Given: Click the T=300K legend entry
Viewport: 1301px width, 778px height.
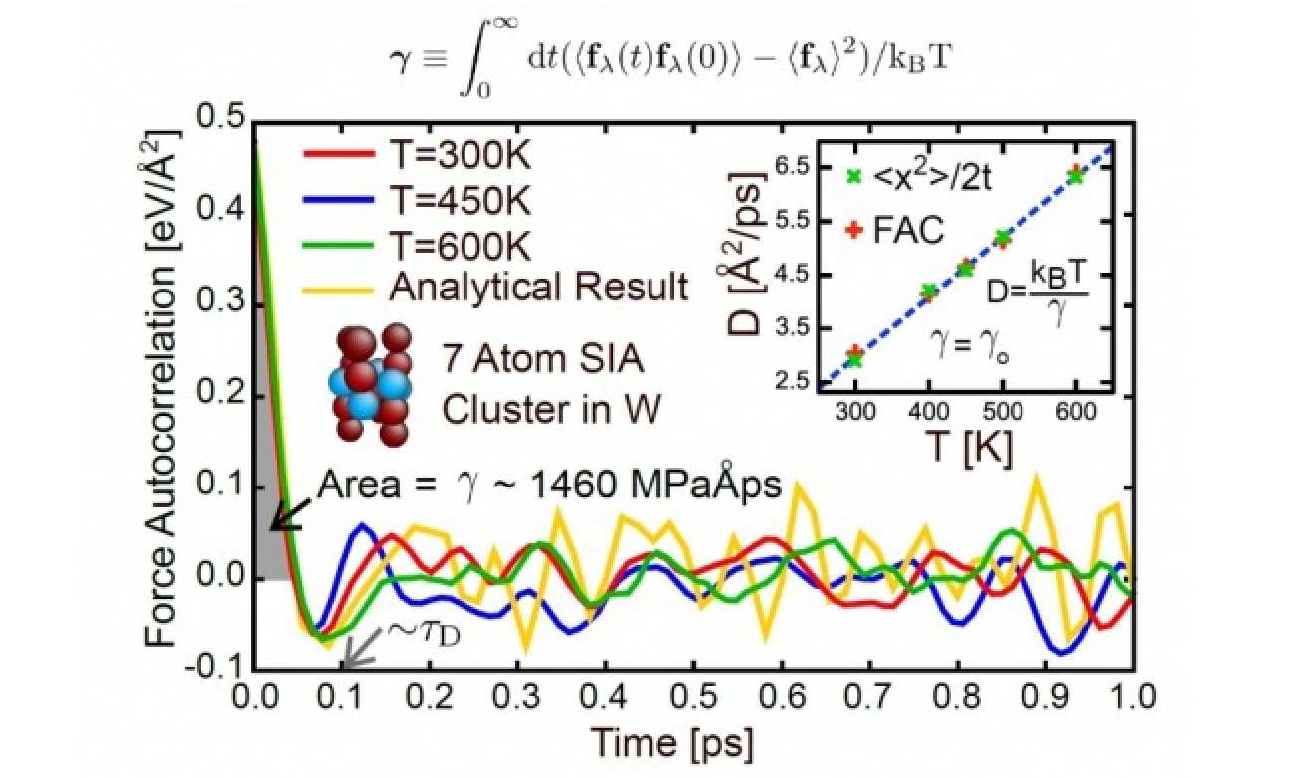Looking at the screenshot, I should [x=418, y=157].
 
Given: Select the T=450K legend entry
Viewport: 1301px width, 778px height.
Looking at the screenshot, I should [x=418, y=201].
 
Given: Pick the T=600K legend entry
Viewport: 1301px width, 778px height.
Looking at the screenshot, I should [x=418, y=245].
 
